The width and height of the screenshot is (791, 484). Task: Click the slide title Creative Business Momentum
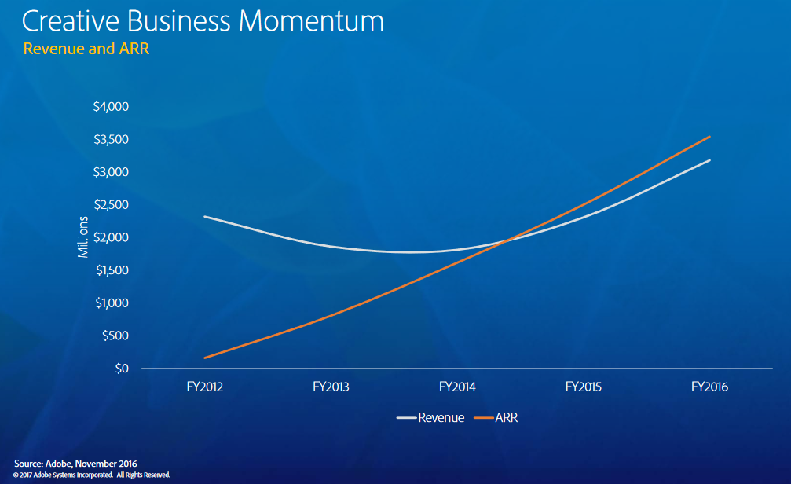203,21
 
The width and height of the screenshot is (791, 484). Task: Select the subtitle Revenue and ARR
86,49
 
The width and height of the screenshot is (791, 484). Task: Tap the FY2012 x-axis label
203,387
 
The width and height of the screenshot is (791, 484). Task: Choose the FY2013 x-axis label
331,387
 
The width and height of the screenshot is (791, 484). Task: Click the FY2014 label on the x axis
457,387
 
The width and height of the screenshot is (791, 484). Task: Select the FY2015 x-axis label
584,387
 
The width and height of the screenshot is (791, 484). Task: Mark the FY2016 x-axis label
710,387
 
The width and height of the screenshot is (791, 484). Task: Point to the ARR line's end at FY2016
710,137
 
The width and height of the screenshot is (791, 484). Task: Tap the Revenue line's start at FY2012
204,217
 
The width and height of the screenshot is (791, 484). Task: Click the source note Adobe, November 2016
75,464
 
